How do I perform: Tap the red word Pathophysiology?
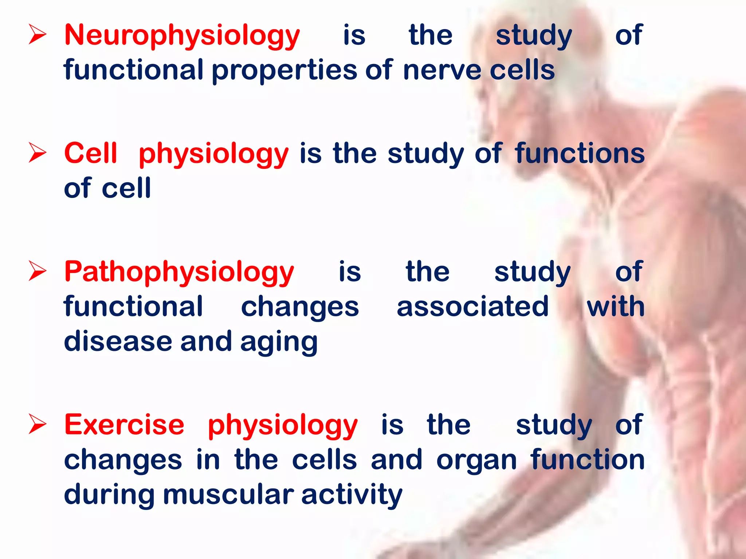click(179, 272)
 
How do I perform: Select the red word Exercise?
click(124, 425)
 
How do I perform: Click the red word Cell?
click(91, 153)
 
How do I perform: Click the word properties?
click(284, 71)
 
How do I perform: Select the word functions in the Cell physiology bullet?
click(580, 153)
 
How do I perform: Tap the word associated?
click(472, 306)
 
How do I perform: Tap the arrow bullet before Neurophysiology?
click(37, 36)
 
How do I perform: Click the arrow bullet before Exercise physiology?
click(37, 425)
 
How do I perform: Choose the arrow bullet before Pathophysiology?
click(37, 271)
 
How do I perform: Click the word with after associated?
click(615, 306)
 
